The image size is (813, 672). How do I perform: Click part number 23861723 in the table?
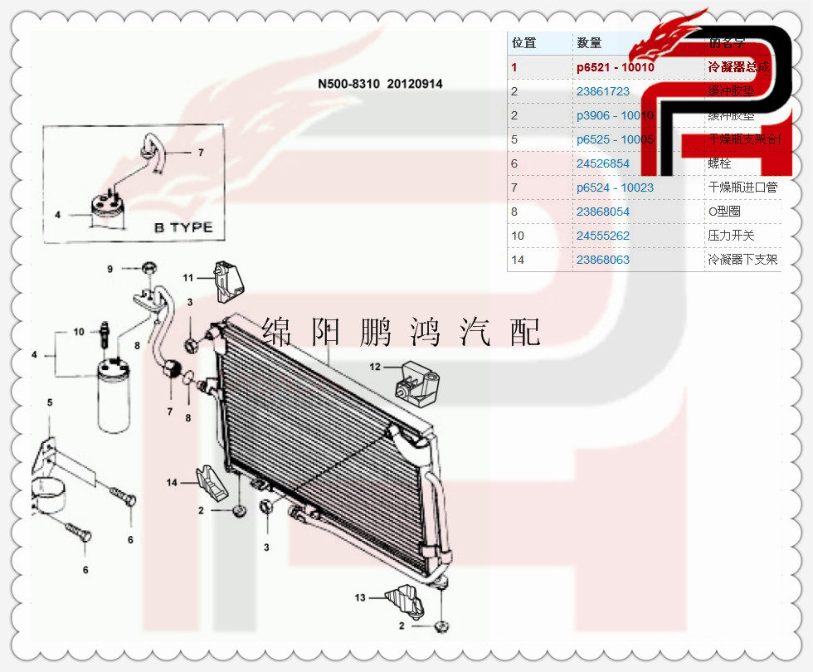(x=603, y=91)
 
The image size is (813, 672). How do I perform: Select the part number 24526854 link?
(x=603, y=163)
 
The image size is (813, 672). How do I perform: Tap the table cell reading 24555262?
(x=603, y=236)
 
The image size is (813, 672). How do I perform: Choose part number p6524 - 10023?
(x=615, y=187)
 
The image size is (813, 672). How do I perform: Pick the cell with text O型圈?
(x=724, y=212)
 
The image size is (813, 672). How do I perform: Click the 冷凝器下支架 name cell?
(x=742, y=260)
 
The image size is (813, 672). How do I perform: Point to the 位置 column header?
(x=523, y=43)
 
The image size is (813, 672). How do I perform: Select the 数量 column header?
(x=589, y=43)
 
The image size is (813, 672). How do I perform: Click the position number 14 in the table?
(x=518, y=260)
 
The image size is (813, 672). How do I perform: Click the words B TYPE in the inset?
(x=183, y=227)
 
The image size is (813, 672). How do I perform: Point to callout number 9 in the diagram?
(x=110, y=268)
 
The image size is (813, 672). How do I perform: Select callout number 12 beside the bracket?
(x=375, y=366)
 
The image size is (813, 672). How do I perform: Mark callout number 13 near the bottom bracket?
(x=360, y=597)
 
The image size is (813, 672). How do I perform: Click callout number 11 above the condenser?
(x=188, y=277)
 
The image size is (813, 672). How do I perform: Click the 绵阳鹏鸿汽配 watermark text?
(x=401, y=332)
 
